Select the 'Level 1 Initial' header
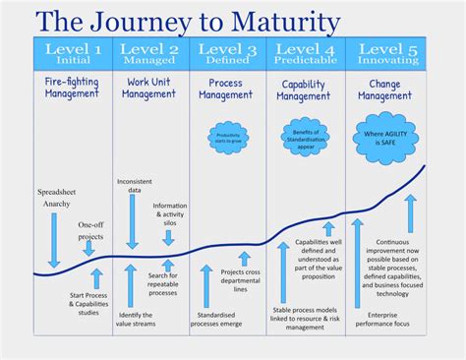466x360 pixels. (72, 53)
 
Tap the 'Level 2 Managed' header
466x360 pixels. (151, 53)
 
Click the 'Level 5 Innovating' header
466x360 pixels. (390, 53)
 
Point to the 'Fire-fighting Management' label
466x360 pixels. (72, 90)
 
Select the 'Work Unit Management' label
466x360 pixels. (151, 90)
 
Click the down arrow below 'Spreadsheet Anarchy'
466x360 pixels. (54, 242)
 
